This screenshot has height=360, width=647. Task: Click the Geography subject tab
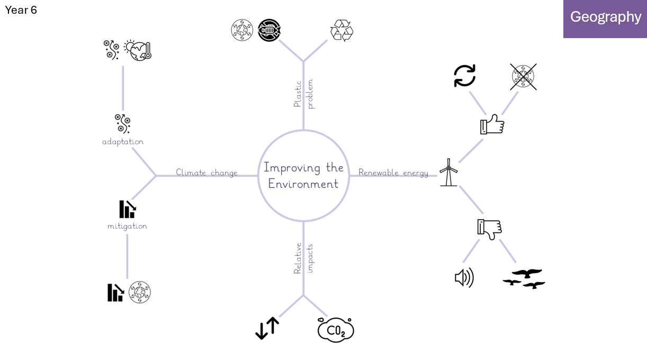click(x=605, y=19)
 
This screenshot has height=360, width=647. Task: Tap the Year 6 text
click(x=21, y=10)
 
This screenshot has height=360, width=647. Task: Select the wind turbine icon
click(x=448, y=173)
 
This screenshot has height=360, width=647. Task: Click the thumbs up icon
click(x=492, y=124)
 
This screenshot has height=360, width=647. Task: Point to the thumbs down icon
click(x=490, y=229)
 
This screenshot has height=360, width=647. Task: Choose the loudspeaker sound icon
click(x=464, y=277)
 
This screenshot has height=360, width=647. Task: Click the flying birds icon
click(x=524, y=279)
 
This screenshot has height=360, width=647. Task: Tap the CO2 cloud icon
click(x=336, y=330)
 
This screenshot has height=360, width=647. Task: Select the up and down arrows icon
click(x=267, y=328)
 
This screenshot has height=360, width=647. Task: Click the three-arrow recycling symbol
click(x=342, y=30)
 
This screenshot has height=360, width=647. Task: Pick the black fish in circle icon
click(x=269, y=30)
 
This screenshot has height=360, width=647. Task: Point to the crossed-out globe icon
click(x=523, y=77)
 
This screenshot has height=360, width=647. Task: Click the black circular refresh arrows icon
click(x=465, y=76)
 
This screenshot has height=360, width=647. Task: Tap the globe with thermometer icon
click(x=138, y=50)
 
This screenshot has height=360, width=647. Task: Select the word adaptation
click(x=123, y=142)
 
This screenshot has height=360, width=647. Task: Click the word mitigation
click(x=128, y=226)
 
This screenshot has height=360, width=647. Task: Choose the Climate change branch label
click(x=206, y=173)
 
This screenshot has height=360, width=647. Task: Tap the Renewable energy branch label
click(x=393, y=173)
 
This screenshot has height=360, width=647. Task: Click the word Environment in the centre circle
click(x=303, y=184)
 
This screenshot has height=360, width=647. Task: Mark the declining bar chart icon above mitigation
click(x=128, y=209)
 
